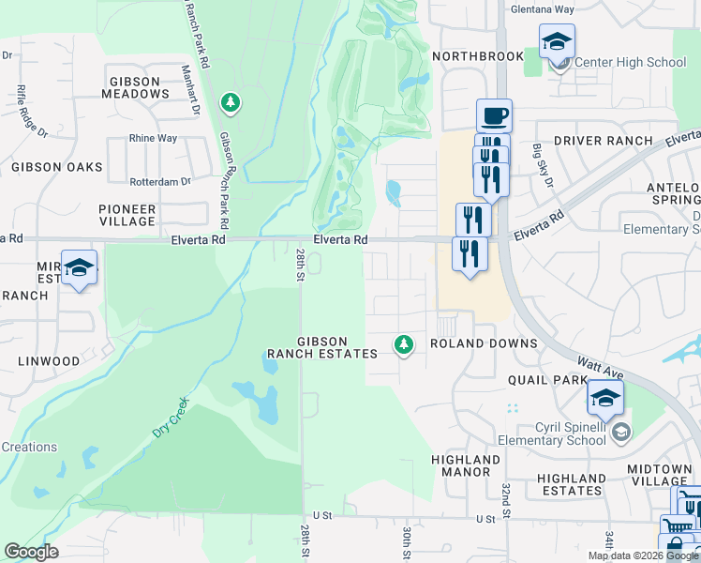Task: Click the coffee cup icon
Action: (x=494, y=116)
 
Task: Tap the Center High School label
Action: (x=630, y=63)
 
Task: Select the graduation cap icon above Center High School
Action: (x=557, y=41)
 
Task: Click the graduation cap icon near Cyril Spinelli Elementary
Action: (x=605, y=397)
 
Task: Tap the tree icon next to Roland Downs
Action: (x=404, y=345)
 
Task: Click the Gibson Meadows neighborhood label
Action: (x=129, y=87)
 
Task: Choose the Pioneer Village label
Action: (x=127, y=215)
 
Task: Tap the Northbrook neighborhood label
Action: (x=478, y=56)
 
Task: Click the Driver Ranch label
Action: (x=603, y=141)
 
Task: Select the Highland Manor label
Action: (x=466, y=465)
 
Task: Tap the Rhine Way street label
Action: (x=153, y=138)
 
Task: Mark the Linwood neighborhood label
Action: (x=49, y=361)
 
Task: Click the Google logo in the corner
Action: (x=31, y=552)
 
